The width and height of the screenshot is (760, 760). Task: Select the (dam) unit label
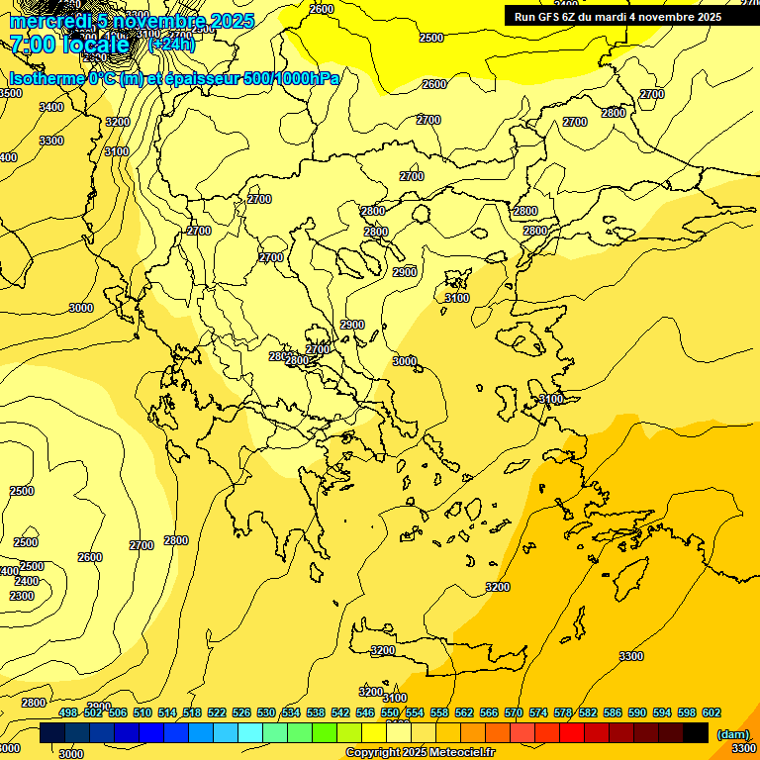coord(731,734)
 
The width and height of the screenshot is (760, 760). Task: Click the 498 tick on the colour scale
coord(68,712)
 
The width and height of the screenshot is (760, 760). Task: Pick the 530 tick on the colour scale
coord(266,712)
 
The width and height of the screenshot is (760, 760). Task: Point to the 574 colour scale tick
coord(538,712)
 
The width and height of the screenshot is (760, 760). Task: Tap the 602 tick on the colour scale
coord(711,712)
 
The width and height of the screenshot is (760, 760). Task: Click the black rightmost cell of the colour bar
coord(696,732)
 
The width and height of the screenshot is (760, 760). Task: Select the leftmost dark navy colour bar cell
coord(52,732)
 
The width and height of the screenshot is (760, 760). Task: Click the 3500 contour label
coord(10,93)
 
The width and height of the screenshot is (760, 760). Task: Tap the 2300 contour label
coord(22,596)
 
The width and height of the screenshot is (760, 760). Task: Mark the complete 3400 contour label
coord(51,107)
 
